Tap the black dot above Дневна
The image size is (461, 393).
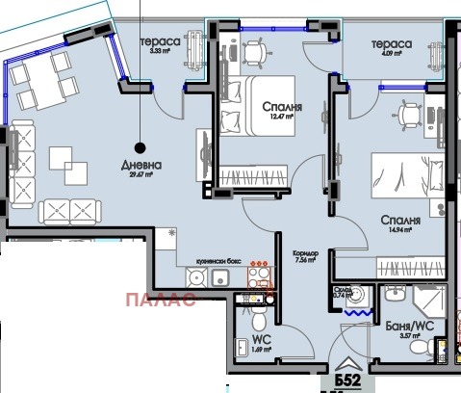(x=141, y=147)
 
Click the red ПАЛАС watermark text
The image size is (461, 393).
(x=162, y=298)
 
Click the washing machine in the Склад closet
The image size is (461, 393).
(x=358, y=294)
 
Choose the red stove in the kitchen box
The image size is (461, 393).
(x=259, y=277)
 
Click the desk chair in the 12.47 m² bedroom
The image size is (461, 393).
(x=255, y=53)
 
